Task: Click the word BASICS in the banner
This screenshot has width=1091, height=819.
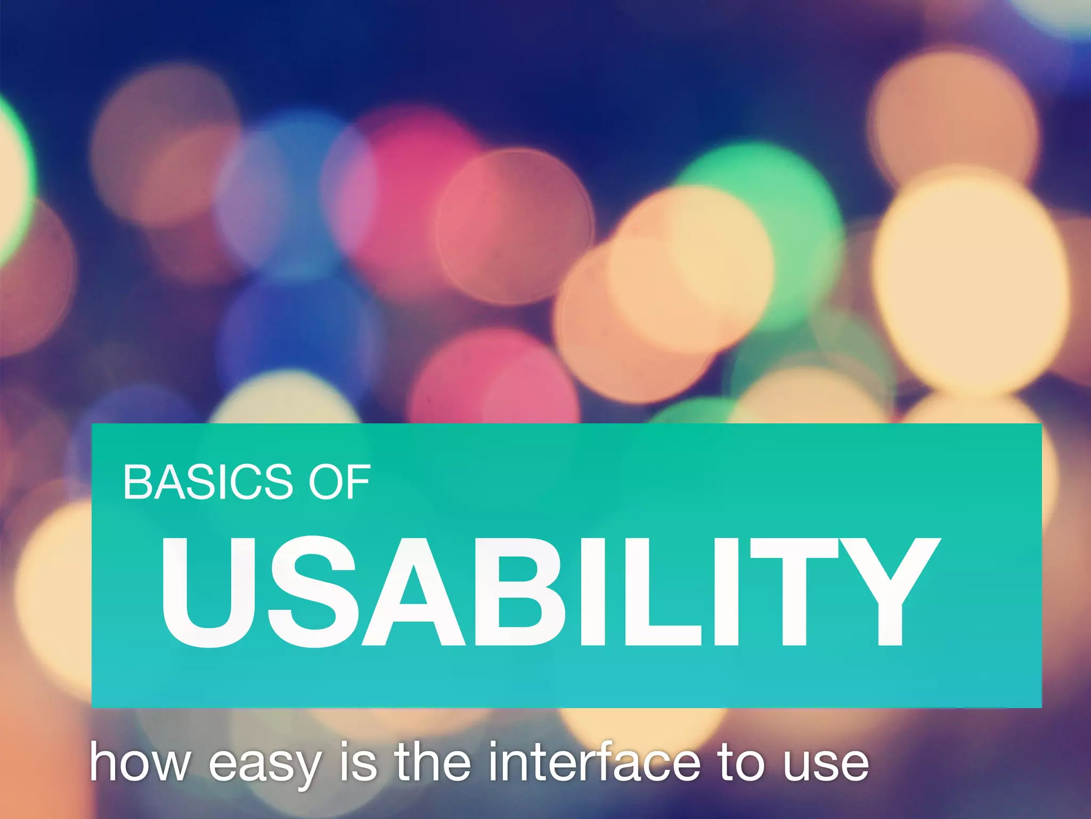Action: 208,482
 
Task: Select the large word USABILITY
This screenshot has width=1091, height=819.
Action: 549,592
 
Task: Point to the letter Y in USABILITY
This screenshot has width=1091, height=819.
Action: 884,592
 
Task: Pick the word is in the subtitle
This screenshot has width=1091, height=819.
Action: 358,762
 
